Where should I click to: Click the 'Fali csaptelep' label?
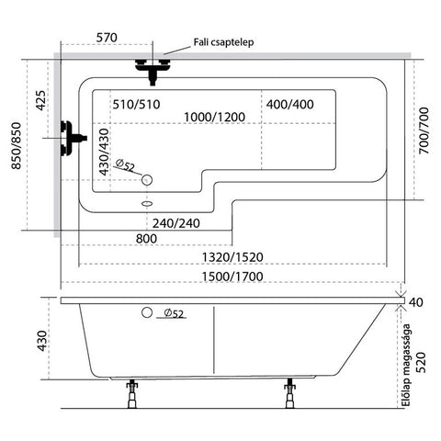pyautogui.click(x=223, y=42)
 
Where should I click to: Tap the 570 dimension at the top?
pyautogui.click(x=107, y=38)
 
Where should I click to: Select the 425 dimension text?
pyautogui.click(x=40, y=100)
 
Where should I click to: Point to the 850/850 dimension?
pyautogui.click(x=17, y=146)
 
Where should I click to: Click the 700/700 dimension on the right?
pyautogui.click(x=424, y=130)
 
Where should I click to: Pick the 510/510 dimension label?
pyautogui.click(x=136, y=105)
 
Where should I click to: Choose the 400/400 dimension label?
pyautogui.click(x=289, y=105)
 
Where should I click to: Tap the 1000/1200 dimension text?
pyautogui.click(x=214, y=117)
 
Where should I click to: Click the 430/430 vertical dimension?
pyautogui.click(x=104, y=152)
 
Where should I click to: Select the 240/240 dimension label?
pyautogui.click(x=176, y=223)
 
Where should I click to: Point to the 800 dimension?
pyautogui.click(x=146, y=239)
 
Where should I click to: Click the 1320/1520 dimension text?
pyautogui.click(x=232, y=257)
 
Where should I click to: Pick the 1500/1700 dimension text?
pyautogui.click(x=232, y=277)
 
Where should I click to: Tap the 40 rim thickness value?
pyautogui.click(x=416, y=302)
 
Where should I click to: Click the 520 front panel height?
pyautogui.click(x=422, y=363)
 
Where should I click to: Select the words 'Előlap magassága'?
pyautogui.click(x=406, y=365)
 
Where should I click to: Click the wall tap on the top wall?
pyautogui.click(x=153, y=70)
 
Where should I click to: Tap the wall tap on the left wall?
pyautogui.click(x=73, y=139)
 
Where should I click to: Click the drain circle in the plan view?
pyautogui.click(x=147, y=180)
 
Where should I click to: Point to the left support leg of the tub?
pyautogui.click(x=132, y=393)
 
